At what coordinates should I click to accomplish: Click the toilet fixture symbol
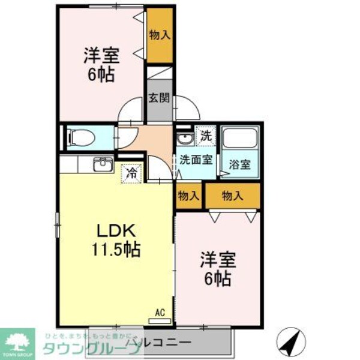click(x=78, y=137)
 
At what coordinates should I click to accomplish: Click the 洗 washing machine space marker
click(x=205, y=135)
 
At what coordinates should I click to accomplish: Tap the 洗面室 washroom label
click(x=194, y=160)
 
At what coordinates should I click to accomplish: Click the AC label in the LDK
click(x=160, y=312)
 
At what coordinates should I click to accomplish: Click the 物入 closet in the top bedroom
click(x=160, y=35)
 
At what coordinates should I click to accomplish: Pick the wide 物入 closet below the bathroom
click(x=232, y=195)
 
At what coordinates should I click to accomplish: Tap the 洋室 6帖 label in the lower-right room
click(x=218, y=268)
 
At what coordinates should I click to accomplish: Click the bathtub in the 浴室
click(x=240, y=143)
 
